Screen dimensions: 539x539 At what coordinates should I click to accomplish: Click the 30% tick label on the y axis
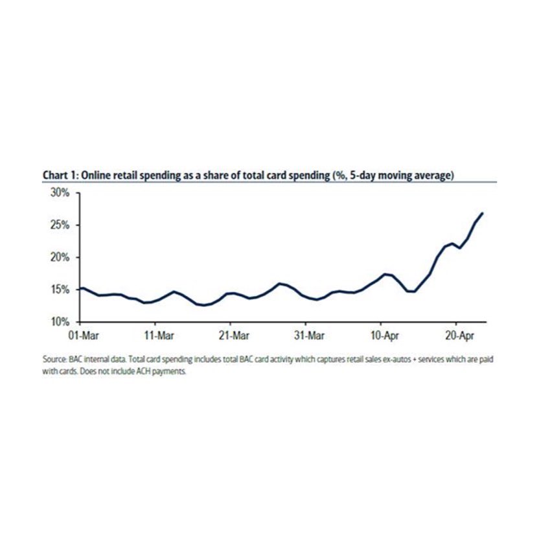tap(60, 193)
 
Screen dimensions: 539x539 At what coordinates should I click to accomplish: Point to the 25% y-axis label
tap(60, 225)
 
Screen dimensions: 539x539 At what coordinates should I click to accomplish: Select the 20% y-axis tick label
tap(60, 257)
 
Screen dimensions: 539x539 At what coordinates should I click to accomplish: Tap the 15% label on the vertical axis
tap(60, 290)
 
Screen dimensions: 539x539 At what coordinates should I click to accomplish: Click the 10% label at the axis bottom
tap(60, 322)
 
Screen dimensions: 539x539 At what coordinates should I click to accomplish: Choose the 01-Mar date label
tap(84, 335)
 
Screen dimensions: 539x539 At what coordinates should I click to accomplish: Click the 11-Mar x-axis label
tap(159, 335)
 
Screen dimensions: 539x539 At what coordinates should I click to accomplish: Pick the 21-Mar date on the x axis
tap(234, 335)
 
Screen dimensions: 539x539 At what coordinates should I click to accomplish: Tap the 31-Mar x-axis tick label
tap(310, 335)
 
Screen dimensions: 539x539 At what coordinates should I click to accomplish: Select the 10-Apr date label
tap(385, 335)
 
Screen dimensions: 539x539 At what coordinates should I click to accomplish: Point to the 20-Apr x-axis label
tap(459, 335)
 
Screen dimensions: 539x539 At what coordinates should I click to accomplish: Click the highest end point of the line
tap(483, 214)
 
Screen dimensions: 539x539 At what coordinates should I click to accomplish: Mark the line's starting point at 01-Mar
tap(80, 288)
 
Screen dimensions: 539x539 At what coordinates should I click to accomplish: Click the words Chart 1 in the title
tap(61, 176)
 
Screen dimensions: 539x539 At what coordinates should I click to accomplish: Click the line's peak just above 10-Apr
tap(385, 274)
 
